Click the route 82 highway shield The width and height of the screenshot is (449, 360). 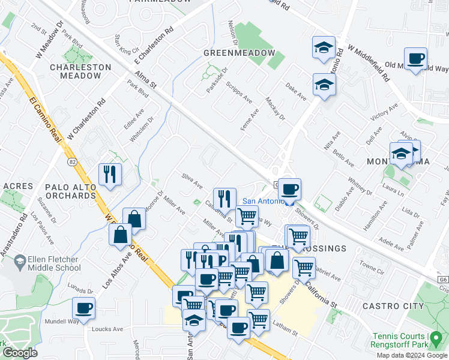point(72,162)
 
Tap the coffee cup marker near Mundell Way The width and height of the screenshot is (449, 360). point(83,308)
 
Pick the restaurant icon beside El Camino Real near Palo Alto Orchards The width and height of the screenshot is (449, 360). point(109,174)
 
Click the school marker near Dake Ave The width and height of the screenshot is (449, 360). point(324,86)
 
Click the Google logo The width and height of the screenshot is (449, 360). point(19,353)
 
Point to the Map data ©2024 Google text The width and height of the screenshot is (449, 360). point(412,355)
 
